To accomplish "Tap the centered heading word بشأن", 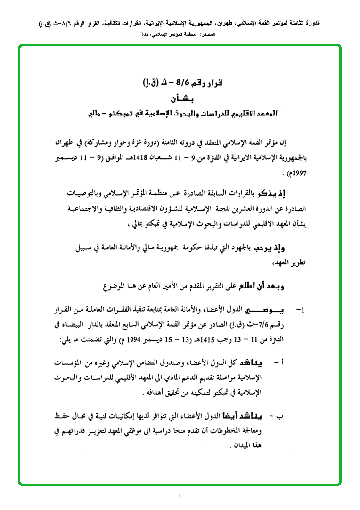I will point(179,99).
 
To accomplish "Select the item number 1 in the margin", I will point(299,311).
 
